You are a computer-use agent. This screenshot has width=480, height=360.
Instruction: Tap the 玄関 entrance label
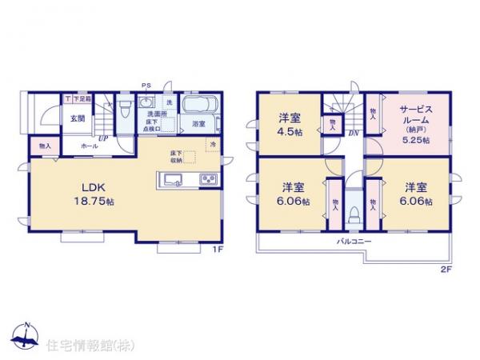click(76, 118)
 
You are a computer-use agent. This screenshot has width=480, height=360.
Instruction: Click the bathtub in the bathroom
click(196, 106)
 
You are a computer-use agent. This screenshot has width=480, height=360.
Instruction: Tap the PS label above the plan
click(146, 85)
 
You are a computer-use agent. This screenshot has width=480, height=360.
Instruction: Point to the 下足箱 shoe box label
click(82, 99)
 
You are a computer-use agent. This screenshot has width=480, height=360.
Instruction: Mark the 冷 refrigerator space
click(212, 143)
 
